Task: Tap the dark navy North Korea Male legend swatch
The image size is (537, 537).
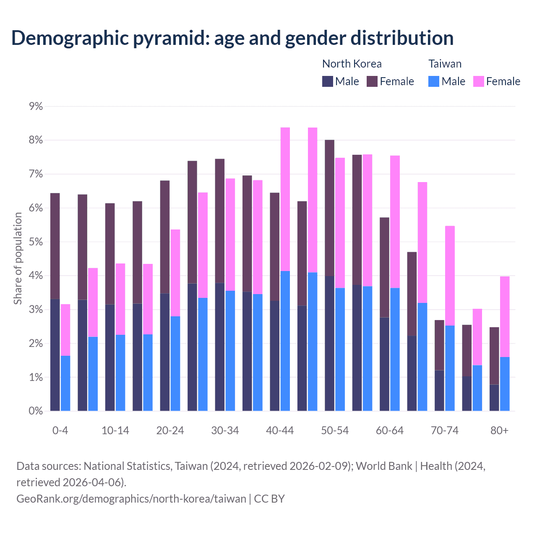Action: tap(328, 81)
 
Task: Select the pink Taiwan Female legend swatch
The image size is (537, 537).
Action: tap(479, 81)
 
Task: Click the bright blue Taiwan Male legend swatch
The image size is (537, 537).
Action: tap(434, 81)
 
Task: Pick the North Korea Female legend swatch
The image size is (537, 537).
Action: tap(373, 81)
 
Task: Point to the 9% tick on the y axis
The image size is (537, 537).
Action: tap(36, 107)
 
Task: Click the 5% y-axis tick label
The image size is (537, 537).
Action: tap(36, 242)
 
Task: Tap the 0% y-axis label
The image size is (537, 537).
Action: tap(36, 411)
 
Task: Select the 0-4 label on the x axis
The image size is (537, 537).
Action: tap(60, 431)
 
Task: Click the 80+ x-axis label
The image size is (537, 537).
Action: tap(499, 431)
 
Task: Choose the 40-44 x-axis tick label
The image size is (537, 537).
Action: tap(280, 431)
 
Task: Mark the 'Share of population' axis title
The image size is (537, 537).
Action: tap(18, 258)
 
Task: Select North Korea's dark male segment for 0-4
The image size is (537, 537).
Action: tap(55, 355)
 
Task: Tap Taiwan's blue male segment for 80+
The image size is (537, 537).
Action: tap(505, 384)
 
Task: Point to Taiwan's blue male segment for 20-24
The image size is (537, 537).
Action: tap(175, 363)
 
